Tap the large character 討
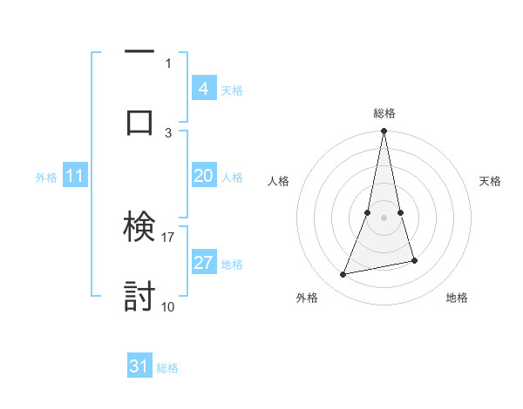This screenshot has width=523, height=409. coord(139,297)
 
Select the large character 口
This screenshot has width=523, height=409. coord(139,122)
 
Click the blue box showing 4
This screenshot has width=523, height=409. coord(203,88)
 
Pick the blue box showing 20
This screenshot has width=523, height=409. coord(203,176)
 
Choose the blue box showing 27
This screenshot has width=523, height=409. coord(203,263)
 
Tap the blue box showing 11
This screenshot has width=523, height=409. coord(74,176)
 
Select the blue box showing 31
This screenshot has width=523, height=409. coord(139,366)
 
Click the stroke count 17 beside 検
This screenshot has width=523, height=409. coord(168,236)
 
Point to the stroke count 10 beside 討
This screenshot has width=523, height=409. coord(168,305)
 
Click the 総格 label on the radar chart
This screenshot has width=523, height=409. coord(384,113)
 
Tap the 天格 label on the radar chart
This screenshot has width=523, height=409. coord(491,181)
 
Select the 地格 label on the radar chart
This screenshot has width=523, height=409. coord(457,298)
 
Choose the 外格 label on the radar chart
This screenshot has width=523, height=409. coord(307,298)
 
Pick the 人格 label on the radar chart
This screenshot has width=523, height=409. coord(278,181)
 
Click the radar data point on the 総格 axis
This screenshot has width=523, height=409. coord(384,131)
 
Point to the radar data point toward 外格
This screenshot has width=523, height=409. coord(343,275)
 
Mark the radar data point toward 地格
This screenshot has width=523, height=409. coord(414,260)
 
